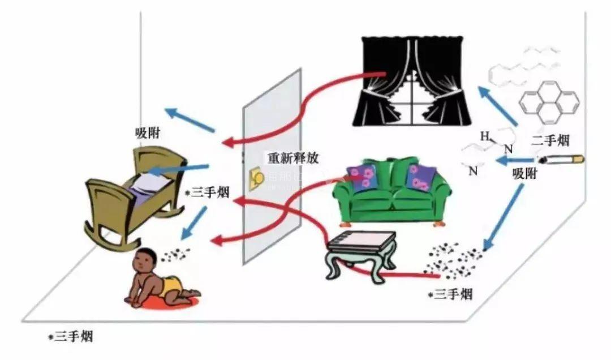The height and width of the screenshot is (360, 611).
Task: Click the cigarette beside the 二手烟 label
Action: pyautogui.click(x=562, y=160)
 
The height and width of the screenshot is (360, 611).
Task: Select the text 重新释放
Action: pyautogui.click(x=293, y=158)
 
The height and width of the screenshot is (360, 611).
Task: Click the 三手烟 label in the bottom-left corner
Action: pyautogui.click(x=71, y=337)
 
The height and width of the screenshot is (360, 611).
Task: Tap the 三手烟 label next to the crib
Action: pyautogui.click(x=208, y=193)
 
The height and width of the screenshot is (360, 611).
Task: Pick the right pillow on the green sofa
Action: pyautogui.click(x=420, y=178)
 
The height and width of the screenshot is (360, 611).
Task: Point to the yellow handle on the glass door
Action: pyautogui.click(x=255, y=178)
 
